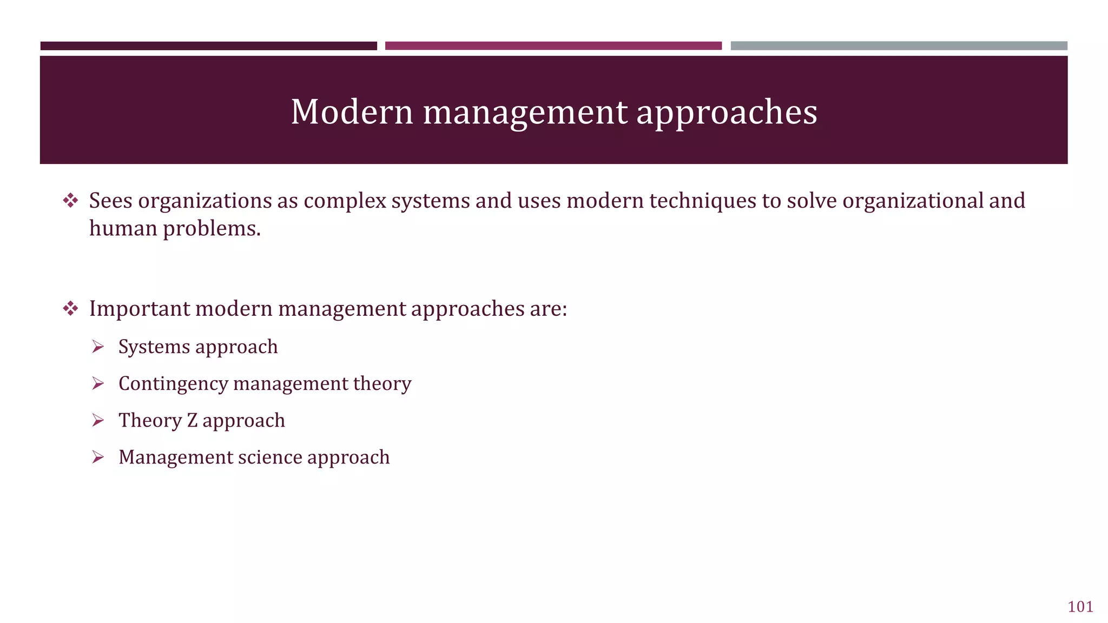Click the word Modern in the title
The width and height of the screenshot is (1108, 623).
click(352, 112)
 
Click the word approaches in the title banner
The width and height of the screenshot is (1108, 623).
click(726, 112)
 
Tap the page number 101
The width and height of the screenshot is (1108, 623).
click(1080, 607)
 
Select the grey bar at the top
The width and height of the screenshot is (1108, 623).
click(899, 46)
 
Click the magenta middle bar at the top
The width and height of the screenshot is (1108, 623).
click(553, 46)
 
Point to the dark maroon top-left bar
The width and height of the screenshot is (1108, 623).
click(208, 46)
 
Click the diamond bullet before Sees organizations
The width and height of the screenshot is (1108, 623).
click(70, 201)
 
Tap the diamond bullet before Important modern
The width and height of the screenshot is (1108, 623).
click(70, 309)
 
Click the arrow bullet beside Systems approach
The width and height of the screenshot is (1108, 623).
click(98, 347)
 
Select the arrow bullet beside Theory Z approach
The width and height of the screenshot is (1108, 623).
click(98, 420)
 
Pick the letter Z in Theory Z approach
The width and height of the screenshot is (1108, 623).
click(192, 421)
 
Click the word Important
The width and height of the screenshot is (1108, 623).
click(139, 309)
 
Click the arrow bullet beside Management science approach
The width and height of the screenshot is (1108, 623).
click(98, 457)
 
